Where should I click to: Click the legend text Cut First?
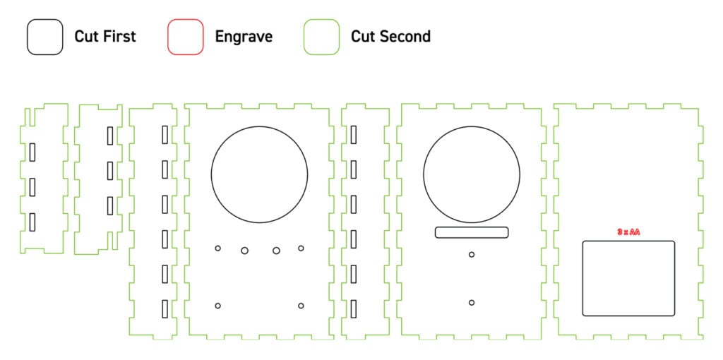coord(105,37)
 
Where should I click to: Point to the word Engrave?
coord(244,37)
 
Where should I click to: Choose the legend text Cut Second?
coord(390,37)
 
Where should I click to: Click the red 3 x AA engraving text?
coord(628,232)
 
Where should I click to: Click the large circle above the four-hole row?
coord(260,126)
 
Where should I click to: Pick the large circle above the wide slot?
coord(472,126)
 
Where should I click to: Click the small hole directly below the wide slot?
coord(472,252)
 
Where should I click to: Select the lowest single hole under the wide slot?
coord(472,299)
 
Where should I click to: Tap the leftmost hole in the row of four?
coord(217,246)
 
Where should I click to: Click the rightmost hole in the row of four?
coord(301,246)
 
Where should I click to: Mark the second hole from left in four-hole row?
coord(244,247)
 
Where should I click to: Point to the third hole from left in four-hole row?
coord(276,247)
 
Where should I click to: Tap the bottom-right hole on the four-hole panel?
coord(301,303)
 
